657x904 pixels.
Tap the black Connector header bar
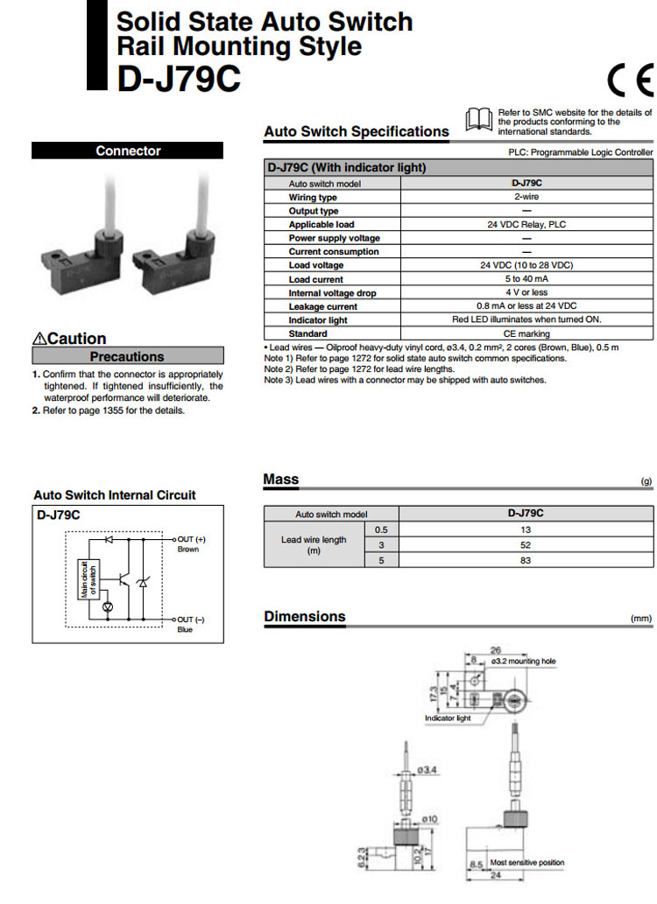[x=128, y=151]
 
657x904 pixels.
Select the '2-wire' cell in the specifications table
[x=526, y=197]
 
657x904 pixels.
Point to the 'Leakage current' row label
[x=323, y=306]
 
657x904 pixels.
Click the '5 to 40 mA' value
[x=526, y=279]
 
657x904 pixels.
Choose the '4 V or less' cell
[x=526, y=292]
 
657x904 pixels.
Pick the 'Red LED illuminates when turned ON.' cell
[x=526, y=319]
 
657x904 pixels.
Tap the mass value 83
[x=526, y=560]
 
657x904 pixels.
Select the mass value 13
[x=526, y=530]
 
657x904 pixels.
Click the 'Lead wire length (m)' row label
[x=313, y=545]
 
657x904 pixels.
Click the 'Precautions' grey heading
[x=127, y=357]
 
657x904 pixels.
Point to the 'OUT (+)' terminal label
[x=191, y=539]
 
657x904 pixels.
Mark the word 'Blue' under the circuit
[x=185, y=629]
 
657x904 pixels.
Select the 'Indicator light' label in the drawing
[x=448, y=718]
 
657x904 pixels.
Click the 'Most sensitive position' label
[x=527, y=862]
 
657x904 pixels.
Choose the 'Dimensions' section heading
[x=305, y=617]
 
